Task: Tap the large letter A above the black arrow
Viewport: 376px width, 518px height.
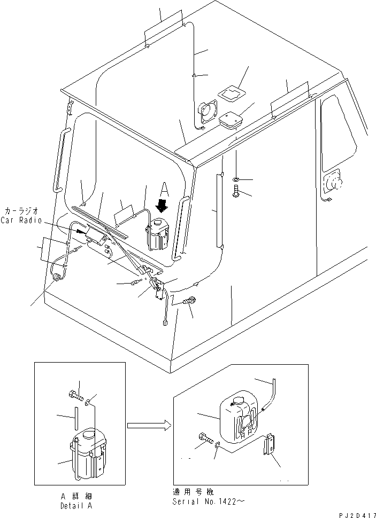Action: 165,189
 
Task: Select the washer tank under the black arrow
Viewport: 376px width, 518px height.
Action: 159,234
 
